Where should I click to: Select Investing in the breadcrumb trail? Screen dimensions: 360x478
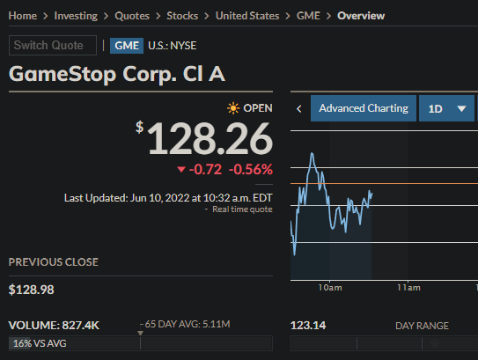[77, 16]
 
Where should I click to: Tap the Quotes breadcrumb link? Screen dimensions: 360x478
[131, 16]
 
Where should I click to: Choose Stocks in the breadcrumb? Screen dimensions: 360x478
[182, 16]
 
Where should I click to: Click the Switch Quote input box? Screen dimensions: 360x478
[53, 46]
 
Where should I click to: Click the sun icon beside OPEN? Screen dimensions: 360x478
[232, 108]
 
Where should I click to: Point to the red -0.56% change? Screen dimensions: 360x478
[251, 169]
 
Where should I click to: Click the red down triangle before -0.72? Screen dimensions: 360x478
[181, 169]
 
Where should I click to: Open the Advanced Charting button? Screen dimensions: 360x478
[363, 108]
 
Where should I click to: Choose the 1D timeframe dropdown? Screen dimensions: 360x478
[447, 108]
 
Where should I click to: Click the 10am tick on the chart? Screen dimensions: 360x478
[330, 288]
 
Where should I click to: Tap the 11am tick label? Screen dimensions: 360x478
[408, 288]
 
